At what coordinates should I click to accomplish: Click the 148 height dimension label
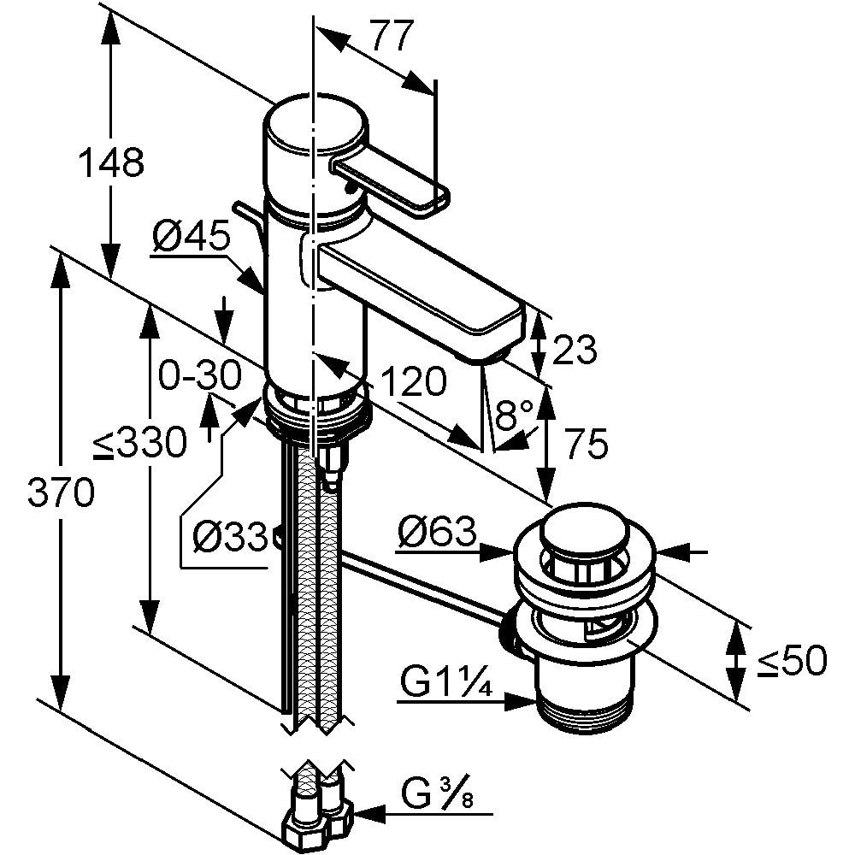(x=111, y=162)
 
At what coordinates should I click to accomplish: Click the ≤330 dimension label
(x=141, y=444)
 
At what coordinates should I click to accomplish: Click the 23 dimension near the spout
(x=575, y=349)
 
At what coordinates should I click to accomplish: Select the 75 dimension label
(x=586, y=444)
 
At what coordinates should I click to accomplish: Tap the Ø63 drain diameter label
(x=435, y=534)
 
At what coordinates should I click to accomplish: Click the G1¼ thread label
(x=444, y=683)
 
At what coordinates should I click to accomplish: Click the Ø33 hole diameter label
(x=227, y=536)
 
